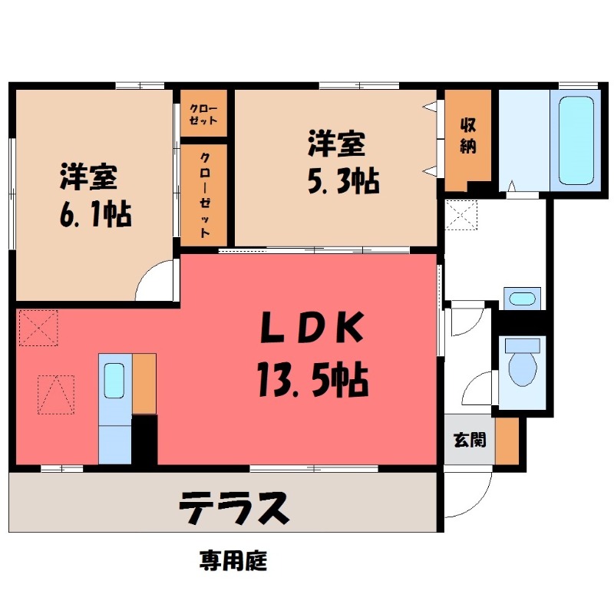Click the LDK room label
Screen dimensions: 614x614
[x=312, y=328]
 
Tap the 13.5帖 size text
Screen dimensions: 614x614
[x=313, y=379]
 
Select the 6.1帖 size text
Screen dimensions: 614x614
[x=95, y=214]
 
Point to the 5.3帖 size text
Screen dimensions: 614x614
[x=343, y=181]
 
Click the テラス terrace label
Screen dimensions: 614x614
[x=234, y=508]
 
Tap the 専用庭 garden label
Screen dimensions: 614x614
[x=233, y=560]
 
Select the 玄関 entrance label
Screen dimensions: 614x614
[x=470, y=440]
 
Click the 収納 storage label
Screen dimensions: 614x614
[x=467, y=136]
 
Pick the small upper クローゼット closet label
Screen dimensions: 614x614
[x=203, y=114]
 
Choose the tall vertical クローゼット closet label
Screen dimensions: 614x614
[x=205, y=195]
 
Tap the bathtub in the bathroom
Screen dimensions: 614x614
[x=576, y=140]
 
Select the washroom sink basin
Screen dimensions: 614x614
[x=522, y=299]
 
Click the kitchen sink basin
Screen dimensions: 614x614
[x=114, y=381]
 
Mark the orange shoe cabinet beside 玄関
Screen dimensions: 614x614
[x=507, y=441]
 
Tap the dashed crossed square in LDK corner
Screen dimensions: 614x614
[x=38, y=328]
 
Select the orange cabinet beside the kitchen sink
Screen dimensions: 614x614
[x=144, y=384]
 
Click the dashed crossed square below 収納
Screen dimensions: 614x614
[x=461, y=215]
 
